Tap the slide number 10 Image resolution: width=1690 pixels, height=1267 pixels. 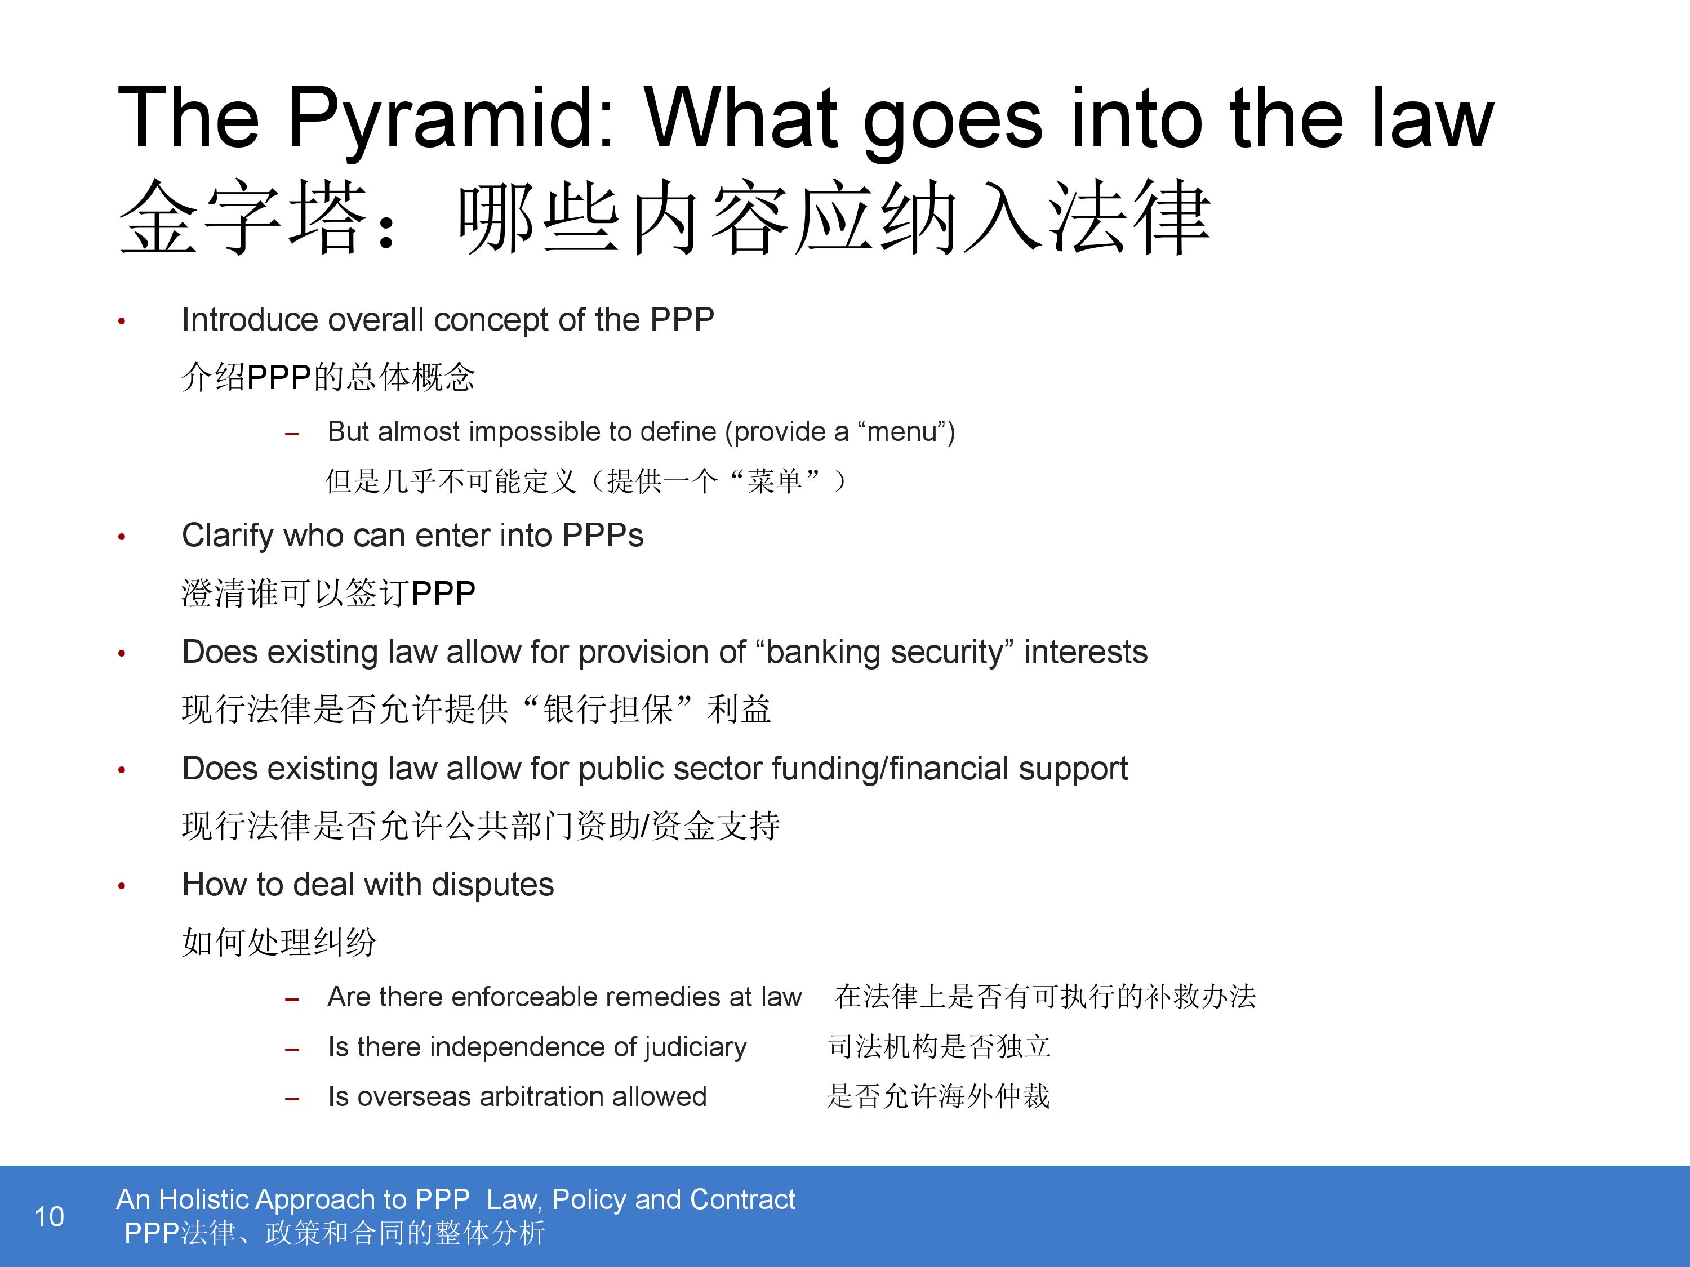(50, 1216)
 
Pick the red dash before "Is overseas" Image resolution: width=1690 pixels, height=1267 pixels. (291, 1100)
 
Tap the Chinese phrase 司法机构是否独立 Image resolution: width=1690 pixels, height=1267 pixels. (940, 1047)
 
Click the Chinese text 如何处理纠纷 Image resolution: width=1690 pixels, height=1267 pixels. (279, 942)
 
